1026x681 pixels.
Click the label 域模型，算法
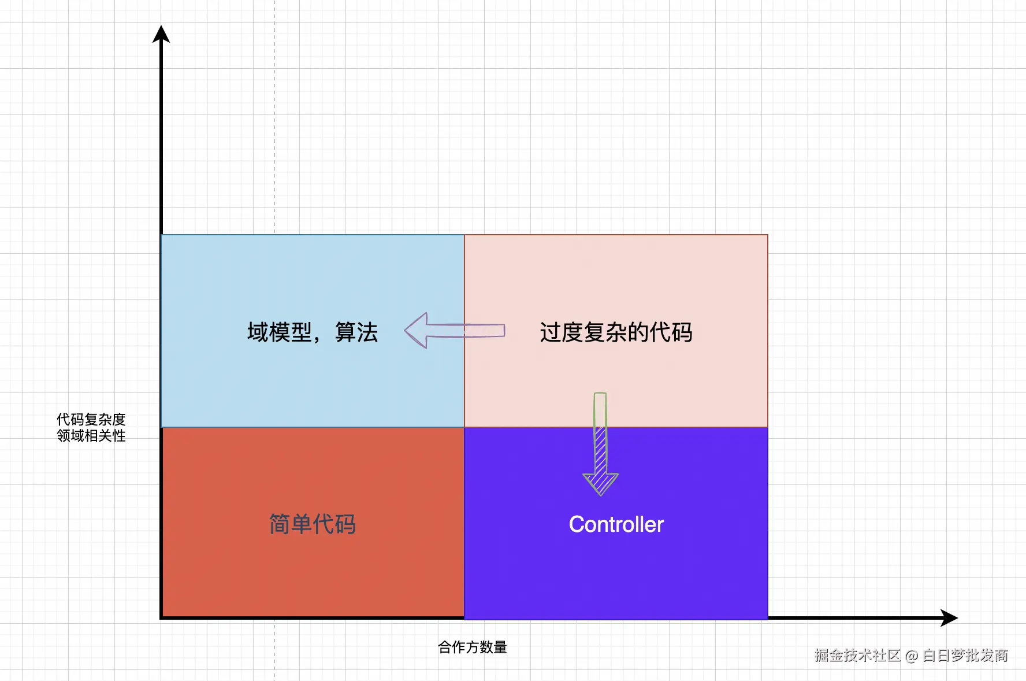point(312,332)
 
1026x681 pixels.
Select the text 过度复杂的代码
point(616,332)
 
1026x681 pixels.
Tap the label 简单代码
point(312,524)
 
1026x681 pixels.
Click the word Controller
point(616,524)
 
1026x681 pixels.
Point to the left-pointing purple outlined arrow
point(455,331)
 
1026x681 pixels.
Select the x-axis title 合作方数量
point(472,647)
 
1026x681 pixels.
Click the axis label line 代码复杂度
point(91,419)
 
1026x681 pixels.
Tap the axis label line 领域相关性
point(91,435)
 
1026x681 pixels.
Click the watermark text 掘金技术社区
point(857,656)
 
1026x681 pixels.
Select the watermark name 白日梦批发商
point(965,656)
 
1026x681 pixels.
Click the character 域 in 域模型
point(258,332)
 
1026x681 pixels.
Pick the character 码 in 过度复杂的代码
point(682,332)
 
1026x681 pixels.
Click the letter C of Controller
point(577,524)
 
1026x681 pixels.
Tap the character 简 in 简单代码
point(280,524)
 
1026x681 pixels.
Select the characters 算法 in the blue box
point(356,332)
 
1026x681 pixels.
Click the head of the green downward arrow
point(601,482)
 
